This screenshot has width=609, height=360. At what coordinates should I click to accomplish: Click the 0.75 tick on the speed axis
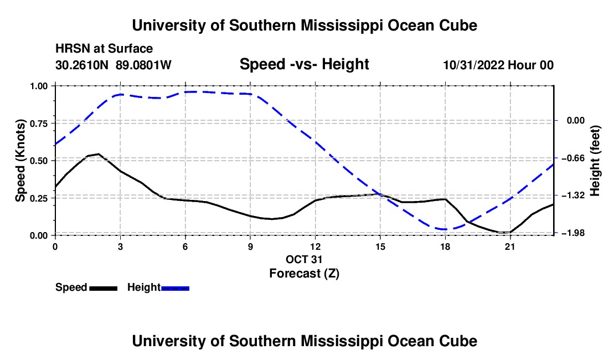38,124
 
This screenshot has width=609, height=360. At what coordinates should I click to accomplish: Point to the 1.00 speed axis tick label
38,86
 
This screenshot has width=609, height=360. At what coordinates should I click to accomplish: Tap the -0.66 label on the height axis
572,158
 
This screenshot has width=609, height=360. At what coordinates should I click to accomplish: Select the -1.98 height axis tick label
572,233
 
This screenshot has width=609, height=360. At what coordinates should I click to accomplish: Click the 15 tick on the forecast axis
380,246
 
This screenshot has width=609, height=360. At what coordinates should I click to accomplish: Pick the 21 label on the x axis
510,246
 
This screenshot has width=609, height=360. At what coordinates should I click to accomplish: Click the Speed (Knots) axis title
20,161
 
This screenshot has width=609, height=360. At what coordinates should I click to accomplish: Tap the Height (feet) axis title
595,161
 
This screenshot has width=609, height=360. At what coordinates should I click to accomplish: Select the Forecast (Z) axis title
304,274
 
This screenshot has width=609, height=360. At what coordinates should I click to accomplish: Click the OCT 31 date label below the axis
304,259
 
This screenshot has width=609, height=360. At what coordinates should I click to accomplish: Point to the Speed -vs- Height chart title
304,64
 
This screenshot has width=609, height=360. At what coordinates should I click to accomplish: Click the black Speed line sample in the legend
104,288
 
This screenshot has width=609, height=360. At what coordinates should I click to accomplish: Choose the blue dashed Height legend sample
175,288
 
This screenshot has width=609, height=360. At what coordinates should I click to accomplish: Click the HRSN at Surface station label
104,49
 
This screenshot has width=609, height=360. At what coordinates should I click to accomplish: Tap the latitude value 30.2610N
82,65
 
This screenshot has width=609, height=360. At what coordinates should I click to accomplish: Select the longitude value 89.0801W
143,65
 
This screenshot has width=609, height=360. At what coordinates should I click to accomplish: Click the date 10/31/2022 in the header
474,65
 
